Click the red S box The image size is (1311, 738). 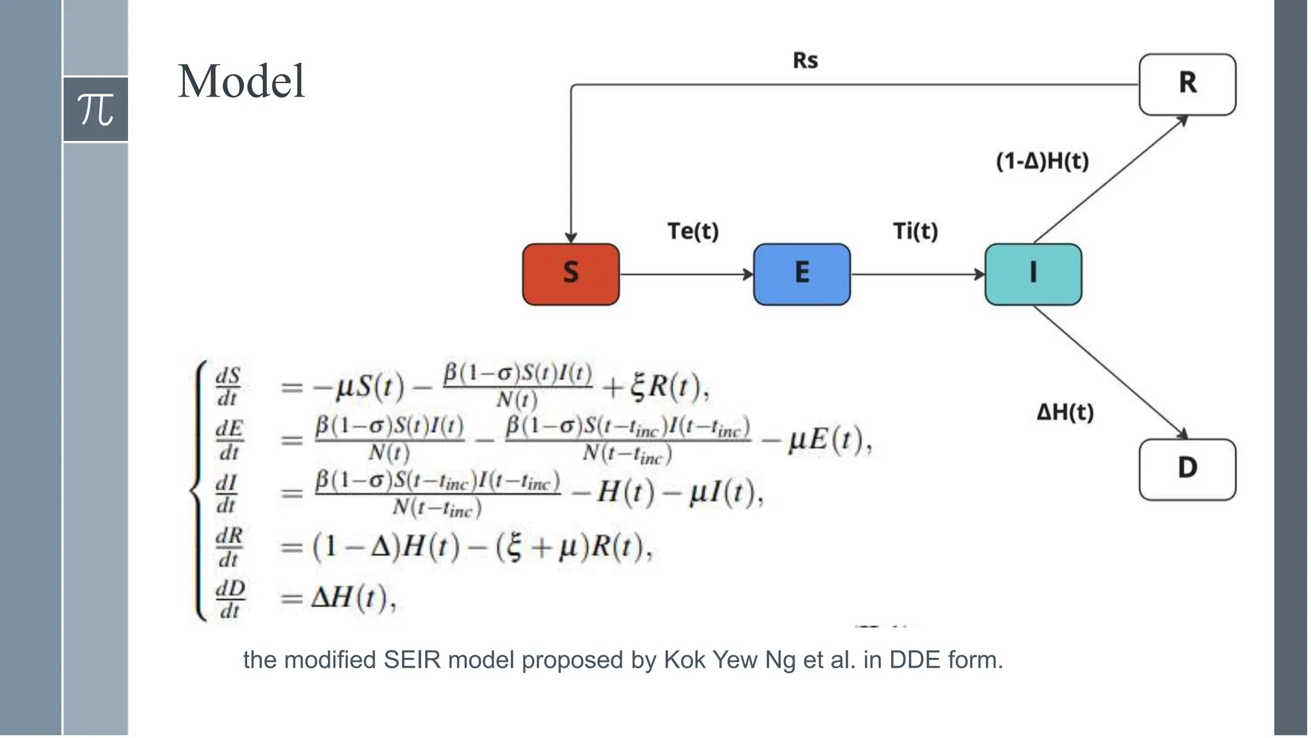tap(570, 274)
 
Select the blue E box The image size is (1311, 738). tap(801, 274)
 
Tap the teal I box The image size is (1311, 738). tap(1033, 274)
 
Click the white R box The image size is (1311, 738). tap(1187, 85)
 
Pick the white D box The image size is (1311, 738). tap(1187, 469)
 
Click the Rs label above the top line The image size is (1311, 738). tap(805, 60)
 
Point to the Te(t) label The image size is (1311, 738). tap(693, 231)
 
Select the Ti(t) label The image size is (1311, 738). tap(915, 231)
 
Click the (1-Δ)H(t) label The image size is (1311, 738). tap(1042, 161)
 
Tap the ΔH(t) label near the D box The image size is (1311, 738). tap(1065, 412)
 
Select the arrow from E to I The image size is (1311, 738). tap(917, 275)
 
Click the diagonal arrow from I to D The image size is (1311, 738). tap(1111, 372)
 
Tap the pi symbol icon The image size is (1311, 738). tap(95, 109)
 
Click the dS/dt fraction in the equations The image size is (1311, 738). tap(228, 386)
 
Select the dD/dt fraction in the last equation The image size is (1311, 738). tap(230, 599)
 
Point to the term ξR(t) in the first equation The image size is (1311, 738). tap(668, 386)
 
